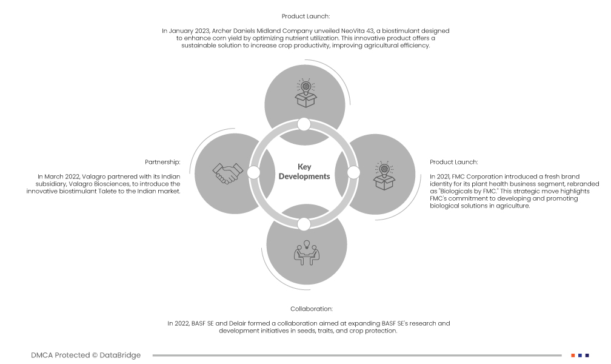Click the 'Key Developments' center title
[x=304, y=172]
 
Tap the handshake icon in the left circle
[x=226, y=174]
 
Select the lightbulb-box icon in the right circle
[x=383, y=175]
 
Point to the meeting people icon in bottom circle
[x=307, y=254]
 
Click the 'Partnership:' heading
[x=162, y=162]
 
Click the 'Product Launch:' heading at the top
[x=305, y=16]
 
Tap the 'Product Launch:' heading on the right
[x=454, y=162]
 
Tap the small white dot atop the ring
[x=304, y=124]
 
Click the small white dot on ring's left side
[x=254, y=173]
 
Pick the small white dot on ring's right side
[x=353, y=173]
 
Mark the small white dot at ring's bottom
[x=304, y=224]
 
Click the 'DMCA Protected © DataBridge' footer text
[x=85, y=355]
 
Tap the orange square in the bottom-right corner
[x=573, y=355]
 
